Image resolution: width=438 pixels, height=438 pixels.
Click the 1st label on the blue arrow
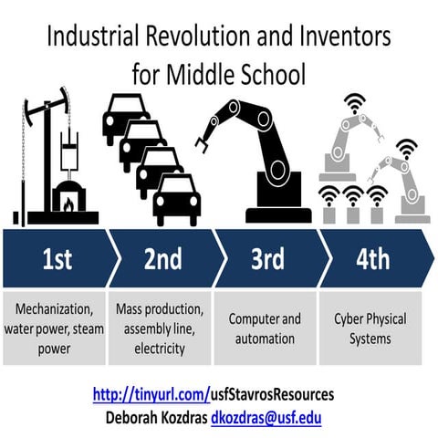coord(57,260)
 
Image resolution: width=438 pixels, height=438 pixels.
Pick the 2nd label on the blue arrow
coord(162,260)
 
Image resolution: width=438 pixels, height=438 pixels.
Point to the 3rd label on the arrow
coord(267,260)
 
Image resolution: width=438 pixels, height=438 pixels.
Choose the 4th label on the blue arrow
coord(371,260)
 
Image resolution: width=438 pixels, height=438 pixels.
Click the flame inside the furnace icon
coord(67,203)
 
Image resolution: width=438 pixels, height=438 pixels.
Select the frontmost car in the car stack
coord(176,199)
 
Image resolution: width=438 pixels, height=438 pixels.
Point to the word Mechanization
coord(56,309)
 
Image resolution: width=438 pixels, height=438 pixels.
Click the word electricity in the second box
coord(160,348)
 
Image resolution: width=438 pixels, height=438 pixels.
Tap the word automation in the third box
coord(265,339)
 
